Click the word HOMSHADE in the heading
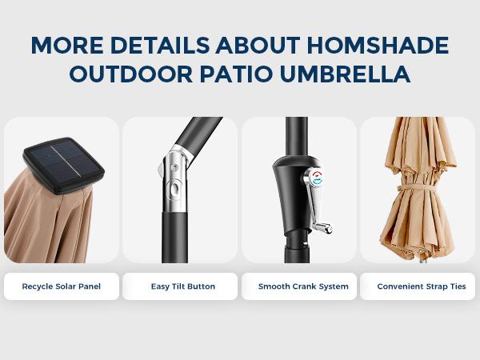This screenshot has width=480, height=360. pos(378,45)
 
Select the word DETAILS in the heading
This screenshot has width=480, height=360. pos(159,45)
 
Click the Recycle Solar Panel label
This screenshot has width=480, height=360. pos(62,286)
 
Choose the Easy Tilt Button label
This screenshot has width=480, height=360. pos(182,286)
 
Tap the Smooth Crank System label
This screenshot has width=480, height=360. pos(303,286)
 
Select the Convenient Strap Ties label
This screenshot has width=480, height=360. pos(422,286)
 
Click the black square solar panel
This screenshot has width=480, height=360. pos(64,165)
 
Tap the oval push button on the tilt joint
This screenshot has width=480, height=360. pos(174,189)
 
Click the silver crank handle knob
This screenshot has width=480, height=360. pos(324,228)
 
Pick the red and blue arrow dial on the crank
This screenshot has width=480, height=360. pos(316,178)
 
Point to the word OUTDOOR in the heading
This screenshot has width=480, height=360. pos(131,74)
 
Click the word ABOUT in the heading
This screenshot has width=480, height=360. pos(258,45)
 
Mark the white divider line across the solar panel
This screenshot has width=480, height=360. pos(66,161)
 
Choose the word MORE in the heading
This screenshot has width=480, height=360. pos(67,45)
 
